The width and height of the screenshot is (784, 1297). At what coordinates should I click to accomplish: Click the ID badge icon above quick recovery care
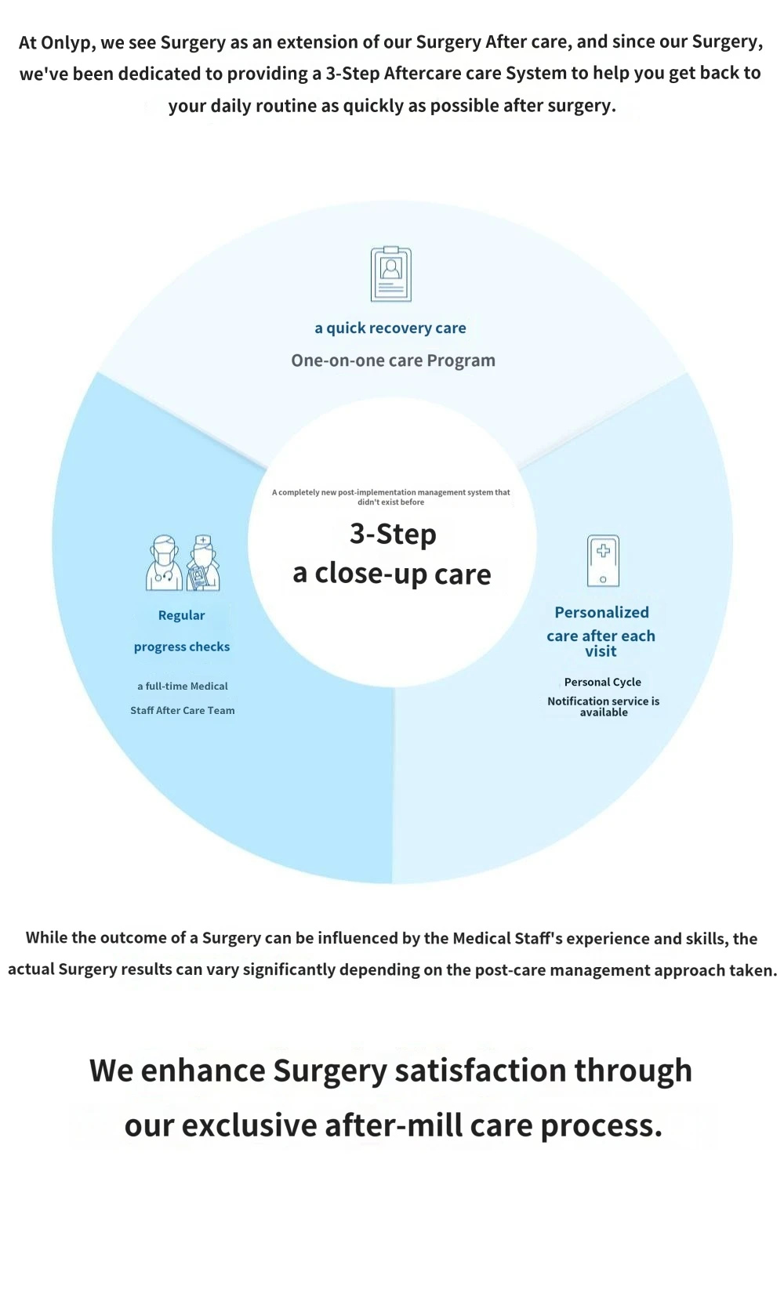tap(391, 274)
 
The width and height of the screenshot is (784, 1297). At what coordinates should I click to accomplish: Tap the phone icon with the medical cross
tap(603, 560)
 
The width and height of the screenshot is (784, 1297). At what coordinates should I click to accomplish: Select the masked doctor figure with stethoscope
tap(164, 563)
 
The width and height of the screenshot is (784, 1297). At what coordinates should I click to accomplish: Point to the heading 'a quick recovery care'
tap(390, 328)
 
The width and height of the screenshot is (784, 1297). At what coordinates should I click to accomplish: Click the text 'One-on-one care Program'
tap(393, 360)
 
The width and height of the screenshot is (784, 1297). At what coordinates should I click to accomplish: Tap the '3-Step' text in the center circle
tap(393, 534)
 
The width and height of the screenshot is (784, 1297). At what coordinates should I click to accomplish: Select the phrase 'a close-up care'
tap(392, 574)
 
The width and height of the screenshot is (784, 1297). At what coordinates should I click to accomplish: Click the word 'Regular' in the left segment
tap(181, 615)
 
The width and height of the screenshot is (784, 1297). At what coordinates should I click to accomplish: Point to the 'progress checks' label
tap(182, 647)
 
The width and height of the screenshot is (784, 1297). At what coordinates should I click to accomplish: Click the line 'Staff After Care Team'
tap(183, 711)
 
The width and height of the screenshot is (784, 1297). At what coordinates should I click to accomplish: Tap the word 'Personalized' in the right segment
tap(601, 613)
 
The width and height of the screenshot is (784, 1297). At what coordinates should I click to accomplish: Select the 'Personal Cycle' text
tap(603, 682)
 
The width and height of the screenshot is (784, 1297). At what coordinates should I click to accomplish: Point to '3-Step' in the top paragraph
tap(352, 74)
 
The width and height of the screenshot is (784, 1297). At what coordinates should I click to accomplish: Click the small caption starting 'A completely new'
tap(391, 497)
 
